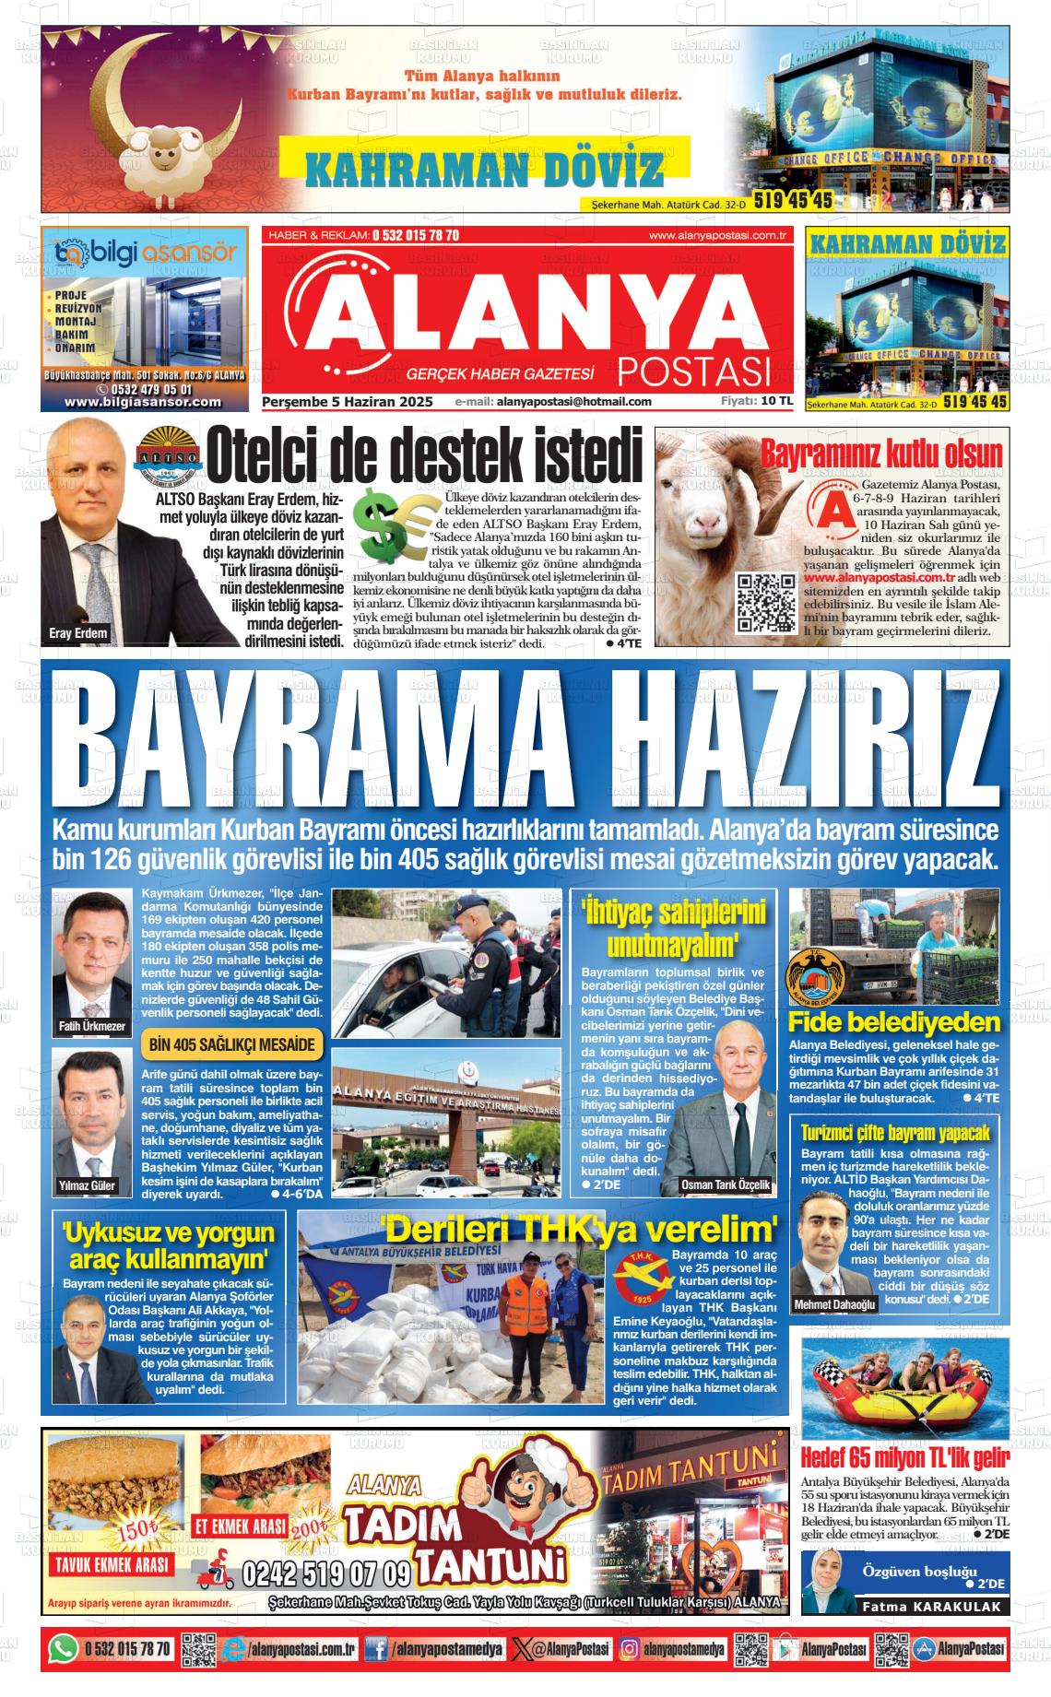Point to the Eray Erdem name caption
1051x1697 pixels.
point(78,633)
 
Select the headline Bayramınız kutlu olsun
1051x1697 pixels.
point(880,454)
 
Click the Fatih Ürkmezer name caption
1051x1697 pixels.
point(91,1026)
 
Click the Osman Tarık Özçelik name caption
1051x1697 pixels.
point(725,1185)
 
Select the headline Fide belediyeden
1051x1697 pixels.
point(893,1022)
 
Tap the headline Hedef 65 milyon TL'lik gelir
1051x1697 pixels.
point(904,1459)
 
